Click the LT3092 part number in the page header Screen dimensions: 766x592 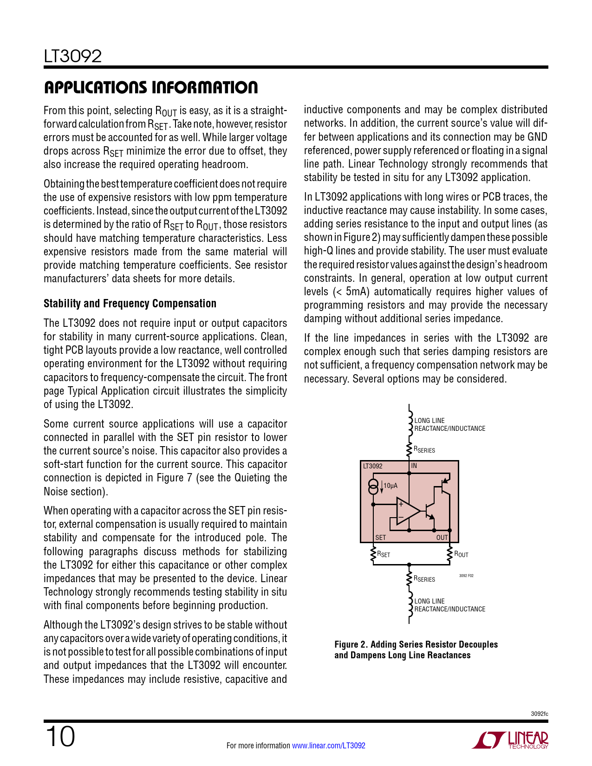pos(72,57)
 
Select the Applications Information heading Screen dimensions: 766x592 pos(150,87)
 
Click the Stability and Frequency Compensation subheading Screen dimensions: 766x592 pos(130,304)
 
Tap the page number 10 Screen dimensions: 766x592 pos(60,737)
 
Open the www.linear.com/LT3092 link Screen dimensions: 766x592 pos(328,746)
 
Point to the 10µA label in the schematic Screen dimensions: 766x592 pos(390,486)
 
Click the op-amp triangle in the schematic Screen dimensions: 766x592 pos(406,510)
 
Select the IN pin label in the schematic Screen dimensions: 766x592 pos(414,466)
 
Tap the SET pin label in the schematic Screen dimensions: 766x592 pos(380,537)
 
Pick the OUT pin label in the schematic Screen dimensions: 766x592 pos(442,537)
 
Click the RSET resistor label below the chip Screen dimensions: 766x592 pos(384,554)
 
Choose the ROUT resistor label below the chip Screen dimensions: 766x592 pos(461,554)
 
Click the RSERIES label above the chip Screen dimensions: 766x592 pos(424,450)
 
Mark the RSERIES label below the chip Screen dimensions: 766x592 pos(424,579)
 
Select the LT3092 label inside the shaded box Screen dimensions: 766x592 pos(372,466)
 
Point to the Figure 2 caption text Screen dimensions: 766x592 pos(416,650)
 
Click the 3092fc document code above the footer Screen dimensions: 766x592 pos(539,714)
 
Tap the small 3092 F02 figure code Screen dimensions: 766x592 pos(466,576)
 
